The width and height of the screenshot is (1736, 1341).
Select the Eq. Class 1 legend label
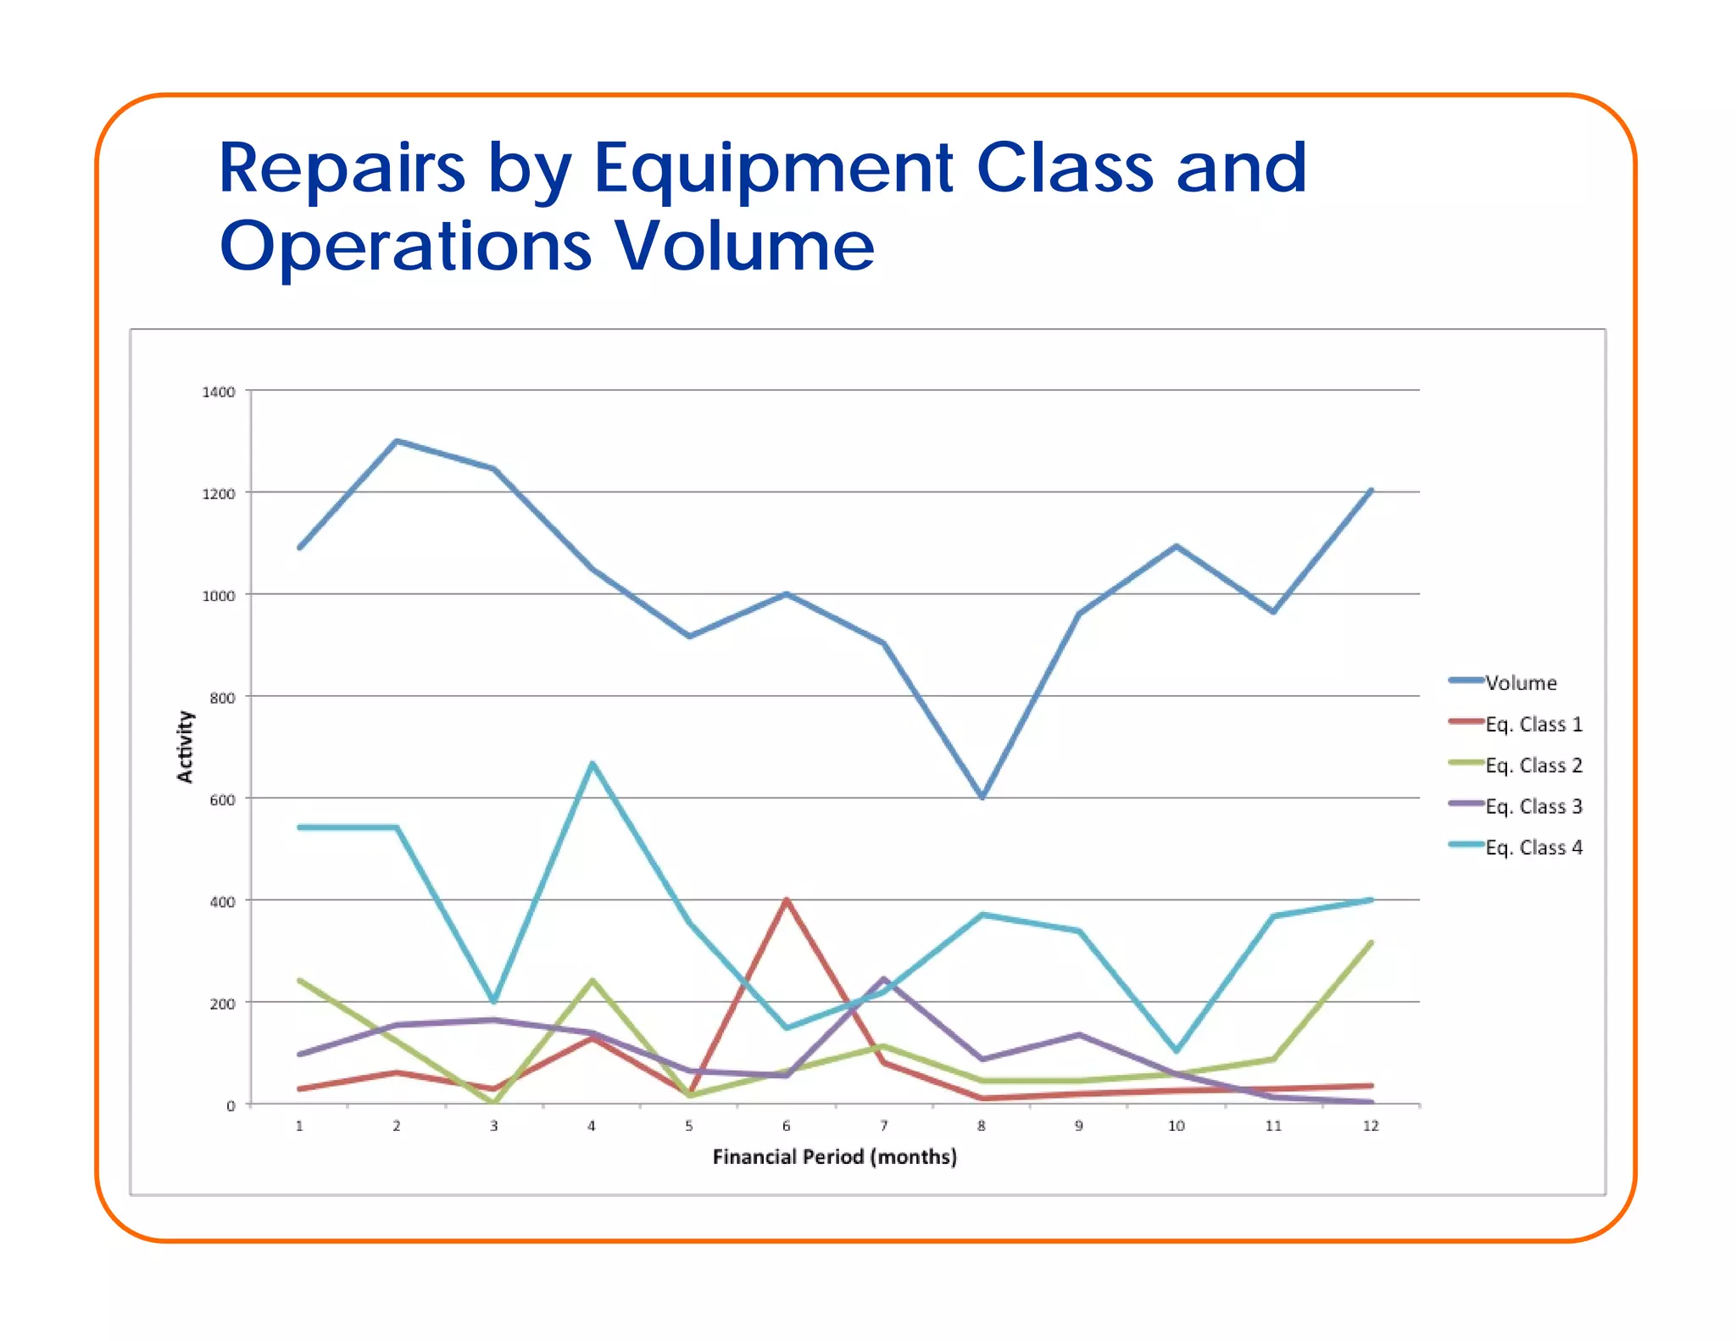(1533, 725)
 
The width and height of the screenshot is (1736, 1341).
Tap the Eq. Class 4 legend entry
(1533, 848)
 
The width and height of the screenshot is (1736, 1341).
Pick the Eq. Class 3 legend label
(1533, 807)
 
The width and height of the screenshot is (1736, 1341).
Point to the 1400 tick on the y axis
(218, 392)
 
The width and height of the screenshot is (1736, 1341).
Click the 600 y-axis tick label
(222, 800)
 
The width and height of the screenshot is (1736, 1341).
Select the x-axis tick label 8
(981, 1127)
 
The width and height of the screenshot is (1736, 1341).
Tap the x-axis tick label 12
(1370, 1127)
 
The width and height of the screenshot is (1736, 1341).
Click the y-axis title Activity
(185, 747)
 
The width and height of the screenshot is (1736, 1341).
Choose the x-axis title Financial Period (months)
(834, 1158)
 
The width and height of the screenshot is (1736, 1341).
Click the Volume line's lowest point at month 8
(982, 797)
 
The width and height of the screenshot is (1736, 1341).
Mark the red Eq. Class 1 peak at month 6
(787, 900)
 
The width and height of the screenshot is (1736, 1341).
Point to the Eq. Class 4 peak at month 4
(592, 764)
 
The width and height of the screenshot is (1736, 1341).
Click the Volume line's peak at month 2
(397, 441)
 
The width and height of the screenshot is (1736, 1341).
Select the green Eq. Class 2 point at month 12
(1371, 943)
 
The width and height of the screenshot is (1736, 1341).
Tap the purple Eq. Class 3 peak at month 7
(884, 979)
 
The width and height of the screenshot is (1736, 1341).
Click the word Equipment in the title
(773, 168)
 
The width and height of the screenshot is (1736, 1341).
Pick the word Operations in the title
(405, 246)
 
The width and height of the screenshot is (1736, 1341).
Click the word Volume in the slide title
(744, 246)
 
